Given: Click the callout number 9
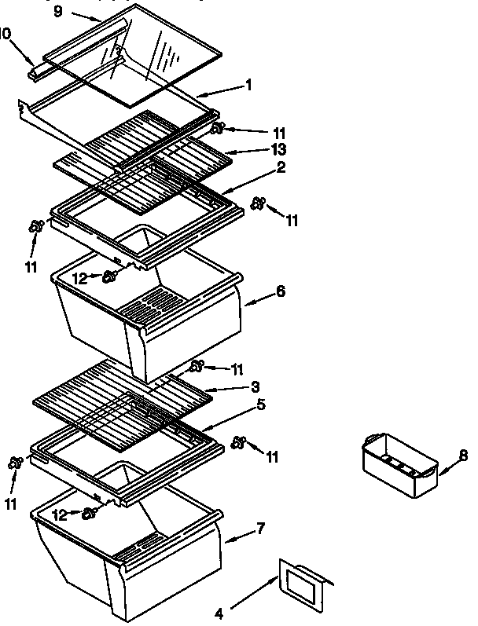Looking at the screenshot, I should click(x=58, y=12).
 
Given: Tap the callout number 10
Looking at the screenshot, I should click(x=6, y=35).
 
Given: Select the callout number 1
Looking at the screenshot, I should click(x=248, y=85).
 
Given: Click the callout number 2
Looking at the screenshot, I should click(x=259, y=167).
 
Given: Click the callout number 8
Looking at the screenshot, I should click(x=463, y=454).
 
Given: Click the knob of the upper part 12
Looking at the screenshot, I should click(x=112, y=275).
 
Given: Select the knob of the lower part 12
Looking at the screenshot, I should click(x=90, y=513).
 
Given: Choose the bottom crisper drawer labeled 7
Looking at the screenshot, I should click(x=126, y=554).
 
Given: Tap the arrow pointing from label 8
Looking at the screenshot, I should click(x=446, y=468).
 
